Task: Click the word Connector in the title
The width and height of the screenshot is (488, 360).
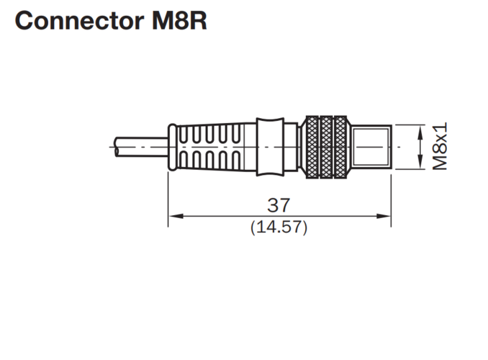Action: (79, 21)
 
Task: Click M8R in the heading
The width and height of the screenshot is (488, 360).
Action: (179, 21)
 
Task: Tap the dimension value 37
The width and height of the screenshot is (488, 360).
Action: (279, 205)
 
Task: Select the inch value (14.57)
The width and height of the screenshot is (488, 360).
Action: (279, 227)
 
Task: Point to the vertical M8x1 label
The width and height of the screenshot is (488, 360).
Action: (440, 146)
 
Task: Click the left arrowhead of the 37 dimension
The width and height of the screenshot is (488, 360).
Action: (176, 216)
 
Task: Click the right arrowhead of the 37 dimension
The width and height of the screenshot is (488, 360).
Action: (383, 216)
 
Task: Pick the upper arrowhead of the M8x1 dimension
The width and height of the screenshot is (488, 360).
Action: (420, 132)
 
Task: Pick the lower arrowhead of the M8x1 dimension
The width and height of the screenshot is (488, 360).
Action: (420, 162)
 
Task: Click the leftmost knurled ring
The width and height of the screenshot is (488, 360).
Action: (312, 147)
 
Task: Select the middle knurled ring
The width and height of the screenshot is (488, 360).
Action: (326, 147)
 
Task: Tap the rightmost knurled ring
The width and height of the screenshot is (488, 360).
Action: (340, 147)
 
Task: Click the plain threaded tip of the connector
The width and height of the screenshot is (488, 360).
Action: (371, 147)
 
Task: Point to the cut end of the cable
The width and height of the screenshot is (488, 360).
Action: (117, 147)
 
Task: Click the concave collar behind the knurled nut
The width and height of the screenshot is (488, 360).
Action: (270, 147)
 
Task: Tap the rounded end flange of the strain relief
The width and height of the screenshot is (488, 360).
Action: (173, 147)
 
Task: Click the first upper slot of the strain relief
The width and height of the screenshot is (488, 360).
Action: (184, 135)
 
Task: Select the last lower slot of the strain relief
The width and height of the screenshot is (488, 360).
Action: (236, 159)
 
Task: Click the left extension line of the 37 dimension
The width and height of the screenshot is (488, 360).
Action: (168, 199)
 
